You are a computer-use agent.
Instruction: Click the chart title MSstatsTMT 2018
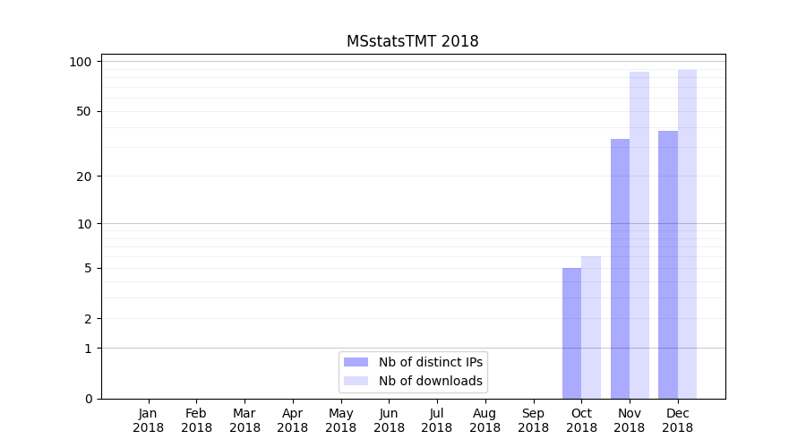412,41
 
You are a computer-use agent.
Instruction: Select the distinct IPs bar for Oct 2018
571,332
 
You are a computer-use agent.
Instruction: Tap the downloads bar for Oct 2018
591,327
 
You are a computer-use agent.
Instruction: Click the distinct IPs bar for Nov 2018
620,268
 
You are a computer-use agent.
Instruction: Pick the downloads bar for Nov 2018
639,235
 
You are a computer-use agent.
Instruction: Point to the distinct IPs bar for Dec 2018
668,264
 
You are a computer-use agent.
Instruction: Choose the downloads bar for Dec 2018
687,234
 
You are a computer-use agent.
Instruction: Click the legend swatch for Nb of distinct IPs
356,362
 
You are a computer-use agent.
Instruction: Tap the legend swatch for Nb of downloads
356,381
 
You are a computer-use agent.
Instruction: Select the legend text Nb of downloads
430,381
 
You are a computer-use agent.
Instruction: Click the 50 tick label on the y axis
84,111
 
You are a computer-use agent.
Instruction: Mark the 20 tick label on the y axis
84,176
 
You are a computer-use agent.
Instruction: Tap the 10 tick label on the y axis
84,223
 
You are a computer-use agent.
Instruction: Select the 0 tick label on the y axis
88,399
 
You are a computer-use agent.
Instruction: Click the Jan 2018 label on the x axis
149,420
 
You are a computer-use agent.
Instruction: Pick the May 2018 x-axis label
341,420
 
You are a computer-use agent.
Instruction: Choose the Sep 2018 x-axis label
533,420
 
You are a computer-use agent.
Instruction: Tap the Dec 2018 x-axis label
678,420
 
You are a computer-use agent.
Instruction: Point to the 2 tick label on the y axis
88,318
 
